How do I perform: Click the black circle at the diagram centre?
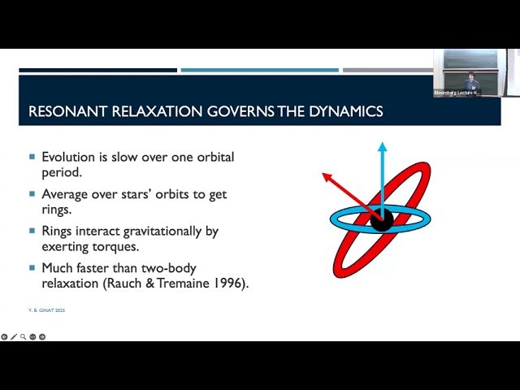tap(382, 219)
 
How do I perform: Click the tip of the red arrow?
tap(324, 173)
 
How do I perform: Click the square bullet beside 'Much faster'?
tap(32, 267)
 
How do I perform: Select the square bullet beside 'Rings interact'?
tap(32, 232)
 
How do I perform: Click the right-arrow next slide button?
tap(42, 336)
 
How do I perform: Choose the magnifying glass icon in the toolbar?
tap(23, 336)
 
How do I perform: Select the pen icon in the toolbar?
tap(14, 336)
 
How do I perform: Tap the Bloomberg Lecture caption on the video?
tap(457, 93)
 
